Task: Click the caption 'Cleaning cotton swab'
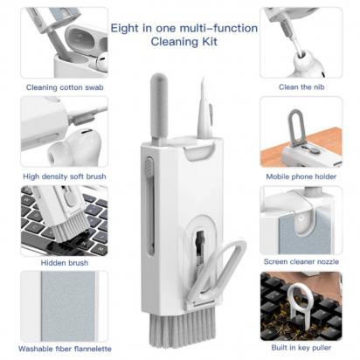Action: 64,87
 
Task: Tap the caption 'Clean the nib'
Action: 301,87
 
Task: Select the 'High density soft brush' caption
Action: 65,176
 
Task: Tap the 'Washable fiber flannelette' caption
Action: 65,350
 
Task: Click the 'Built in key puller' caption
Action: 301,350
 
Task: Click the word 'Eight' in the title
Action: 128,28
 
